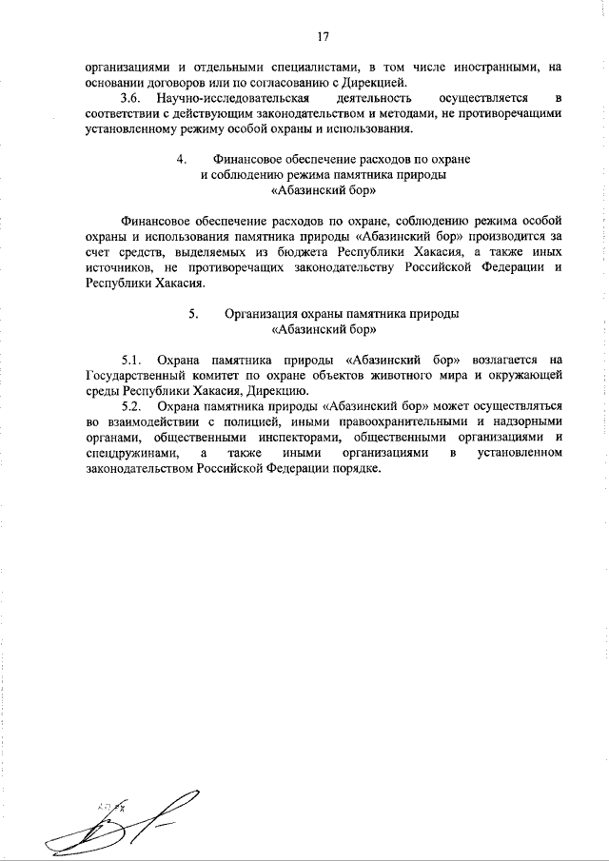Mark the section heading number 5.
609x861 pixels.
192,313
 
